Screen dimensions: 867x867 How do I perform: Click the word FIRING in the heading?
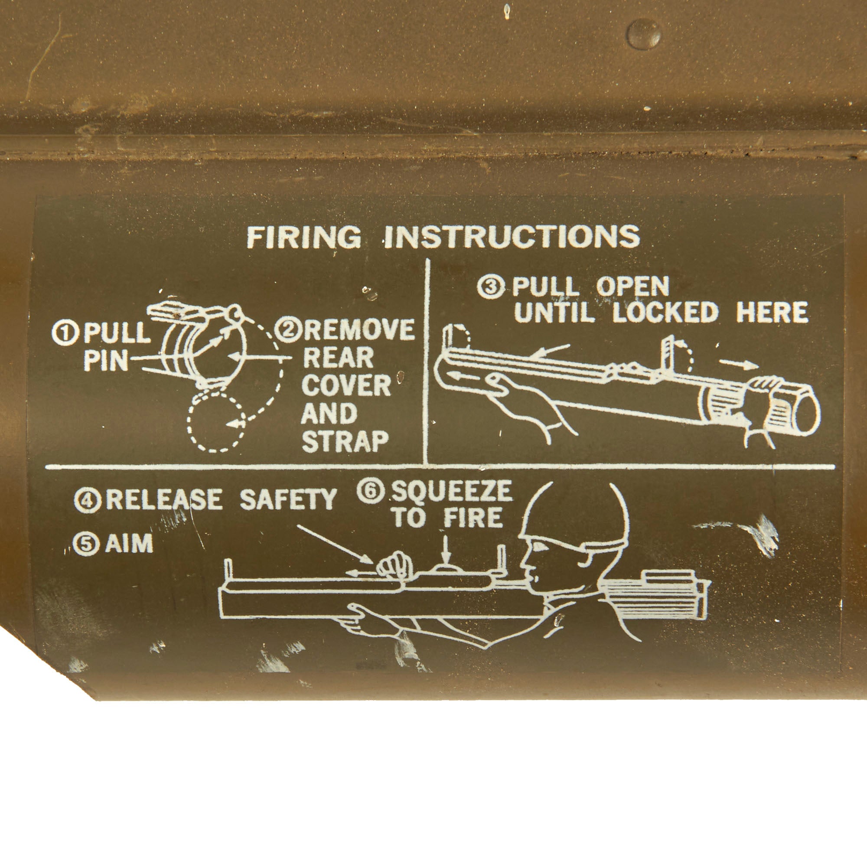coord(304,237)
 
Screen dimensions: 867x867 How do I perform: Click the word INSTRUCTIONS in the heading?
coord(512,237)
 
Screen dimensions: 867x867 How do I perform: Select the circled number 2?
coord(287,330)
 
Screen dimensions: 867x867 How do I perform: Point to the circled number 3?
coord(492,286)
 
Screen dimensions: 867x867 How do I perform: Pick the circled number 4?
coord(87,500)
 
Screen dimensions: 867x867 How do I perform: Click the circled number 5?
coord(86,544)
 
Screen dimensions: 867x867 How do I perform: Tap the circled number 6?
coord(371,491)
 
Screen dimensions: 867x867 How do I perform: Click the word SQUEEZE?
coord(452,491)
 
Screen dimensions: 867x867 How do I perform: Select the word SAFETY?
coord(288,499)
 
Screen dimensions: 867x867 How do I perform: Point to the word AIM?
coord(129,544)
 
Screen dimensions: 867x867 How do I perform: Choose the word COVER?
coord(346,385)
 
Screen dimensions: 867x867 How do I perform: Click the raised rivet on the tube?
coord(643,34)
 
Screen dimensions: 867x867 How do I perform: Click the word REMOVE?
coord(359,330)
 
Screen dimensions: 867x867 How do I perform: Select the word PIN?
coord(106,361)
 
